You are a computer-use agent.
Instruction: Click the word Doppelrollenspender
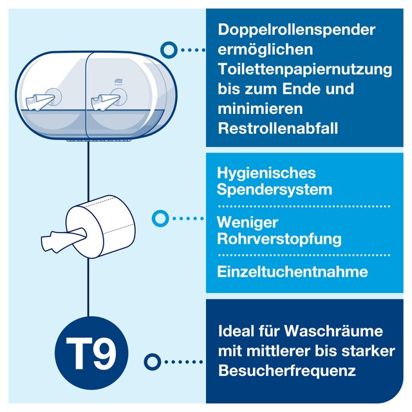point(296,30)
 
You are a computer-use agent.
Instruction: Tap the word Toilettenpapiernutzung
point(304,70)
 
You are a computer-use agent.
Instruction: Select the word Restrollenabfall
point(277,129)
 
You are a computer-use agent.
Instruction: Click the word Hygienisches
point(266,174)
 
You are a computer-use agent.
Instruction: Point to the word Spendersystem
point(274,190)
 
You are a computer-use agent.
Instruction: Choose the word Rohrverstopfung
point(279,239)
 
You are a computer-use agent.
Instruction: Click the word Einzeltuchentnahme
point(292,272)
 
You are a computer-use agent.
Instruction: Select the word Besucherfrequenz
point(287,371)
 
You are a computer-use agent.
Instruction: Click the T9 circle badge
point(91,353)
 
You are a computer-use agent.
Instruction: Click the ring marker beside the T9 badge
point(153,362)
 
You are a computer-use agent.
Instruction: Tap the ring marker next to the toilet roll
point(160,218)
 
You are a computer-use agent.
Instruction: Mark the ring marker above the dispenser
point(169,50)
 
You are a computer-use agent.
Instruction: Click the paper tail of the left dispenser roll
point(40,102)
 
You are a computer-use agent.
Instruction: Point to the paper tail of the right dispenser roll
point(105,102)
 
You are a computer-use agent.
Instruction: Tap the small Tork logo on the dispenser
point(117,82)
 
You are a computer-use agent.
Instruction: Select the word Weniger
point(247,223)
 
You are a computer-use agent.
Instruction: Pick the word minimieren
point(260,109)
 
